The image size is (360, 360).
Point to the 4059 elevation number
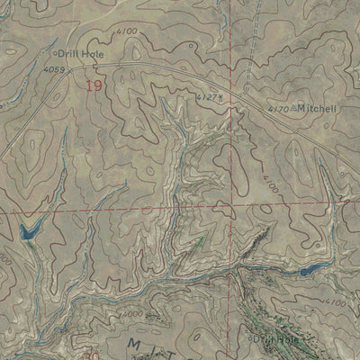[55, 67]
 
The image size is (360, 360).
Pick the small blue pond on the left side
[30, 231]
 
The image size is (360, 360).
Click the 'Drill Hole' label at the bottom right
[275, 339]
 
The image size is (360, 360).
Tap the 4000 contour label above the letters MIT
[131, 314]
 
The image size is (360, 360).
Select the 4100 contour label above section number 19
[127, 32]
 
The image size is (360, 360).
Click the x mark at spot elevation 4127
[220, 94]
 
